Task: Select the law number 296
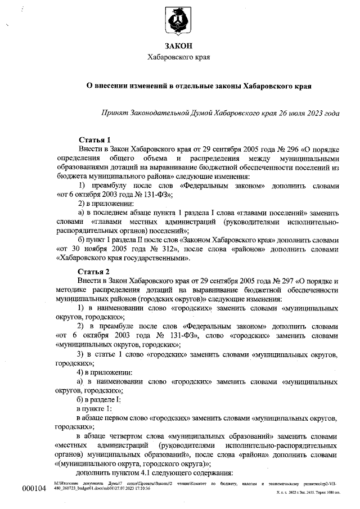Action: tap(280, 150)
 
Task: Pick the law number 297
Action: tap(280, 282)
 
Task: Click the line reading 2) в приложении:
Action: tap(106, 203)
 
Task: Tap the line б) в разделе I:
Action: tap(103, 400)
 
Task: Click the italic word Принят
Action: tap(113, 114)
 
